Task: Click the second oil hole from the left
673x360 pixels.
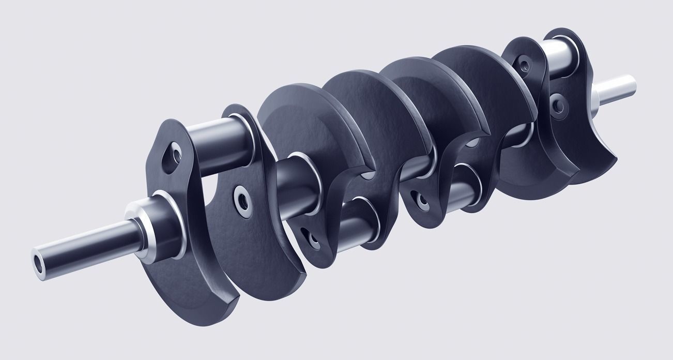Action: (241, 200)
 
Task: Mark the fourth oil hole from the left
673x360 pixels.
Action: (420, 199)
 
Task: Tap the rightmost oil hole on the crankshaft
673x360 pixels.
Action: (557, 106)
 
